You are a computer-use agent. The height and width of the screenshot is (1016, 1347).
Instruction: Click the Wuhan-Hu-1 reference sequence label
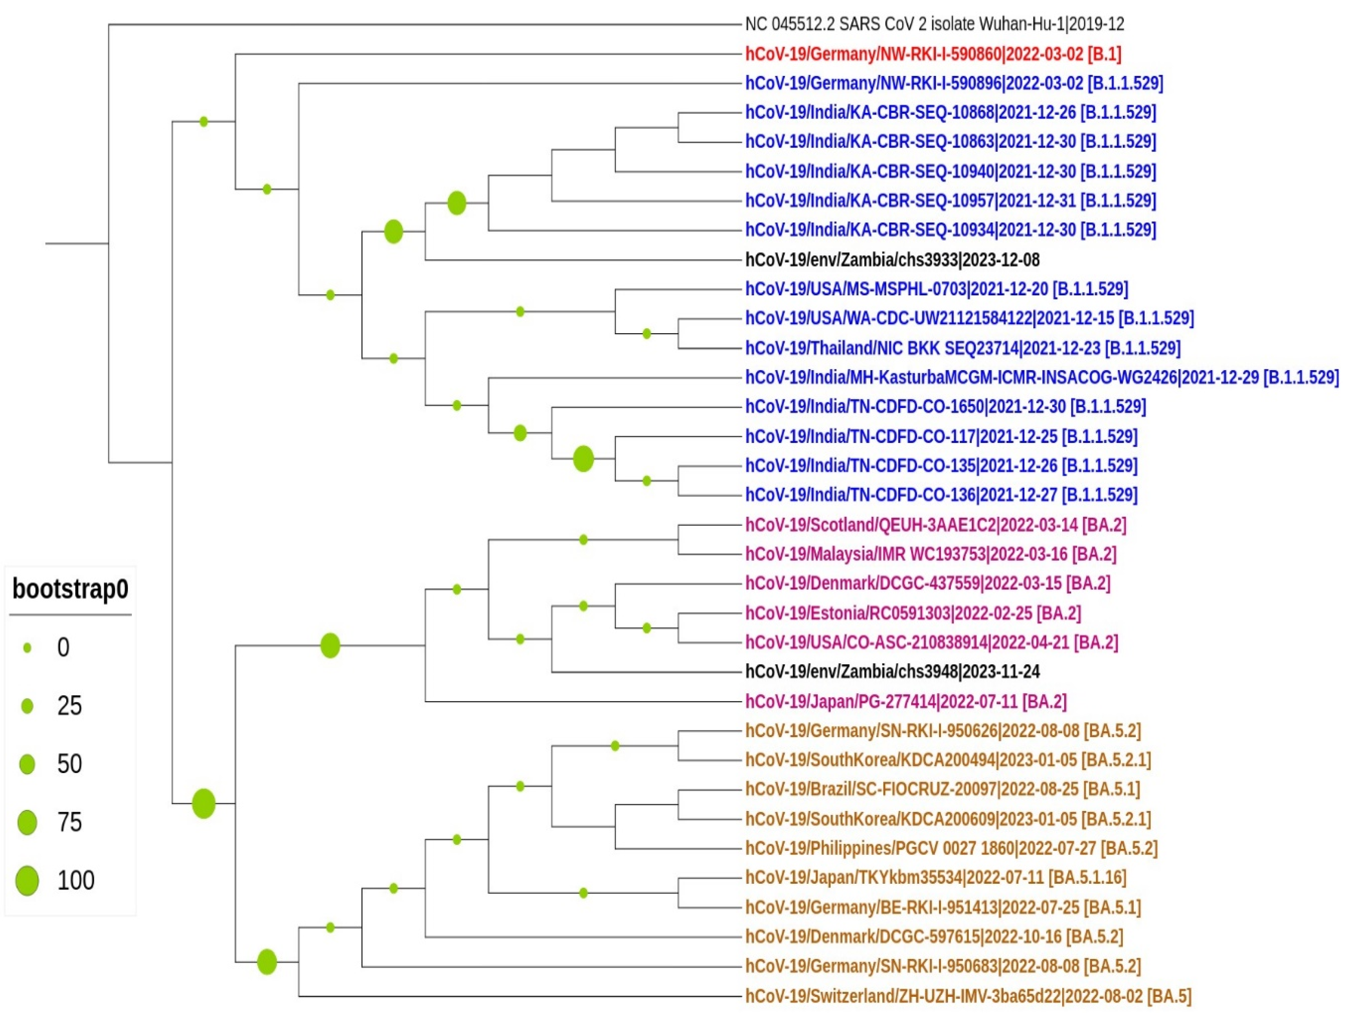click(934, 24)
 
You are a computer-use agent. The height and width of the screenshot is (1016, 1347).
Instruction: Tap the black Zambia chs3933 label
click(892, 260)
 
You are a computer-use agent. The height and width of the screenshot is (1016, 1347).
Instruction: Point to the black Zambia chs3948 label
click(892, 672)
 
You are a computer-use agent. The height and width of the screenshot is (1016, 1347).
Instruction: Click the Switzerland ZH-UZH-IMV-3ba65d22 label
click(968, 996)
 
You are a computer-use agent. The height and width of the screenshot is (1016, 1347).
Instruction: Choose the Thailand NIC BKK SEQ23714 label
click(962, 349)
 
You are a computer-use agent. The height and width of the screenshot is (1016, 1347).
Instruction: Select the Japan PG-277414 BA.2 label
click(906, 702)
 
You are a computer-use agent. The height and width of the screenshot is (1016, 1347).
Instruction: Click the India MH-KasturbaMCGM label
click(1041, 378)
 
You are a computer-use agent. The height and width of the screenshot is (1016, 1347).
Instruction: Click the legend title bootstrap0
click(70, 589)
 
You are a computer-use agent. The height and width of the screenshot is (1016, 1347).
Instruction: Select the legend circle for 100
click(27, 881)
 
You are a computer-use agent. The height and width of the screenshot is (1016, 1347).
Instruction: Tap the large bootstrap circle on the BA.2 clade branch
click(330, 646)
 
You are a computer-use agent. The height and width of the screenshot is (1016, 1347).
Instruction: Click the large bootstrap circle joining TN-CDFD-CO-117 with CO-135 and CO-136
click(583, 459)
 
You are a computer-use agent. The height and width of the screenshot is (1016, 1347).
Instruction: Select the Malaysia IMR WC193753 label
click(930, 554)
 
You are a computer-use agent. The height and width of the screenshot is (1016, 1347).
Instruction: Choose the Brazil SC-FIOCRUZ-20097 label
click(942, 789)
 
